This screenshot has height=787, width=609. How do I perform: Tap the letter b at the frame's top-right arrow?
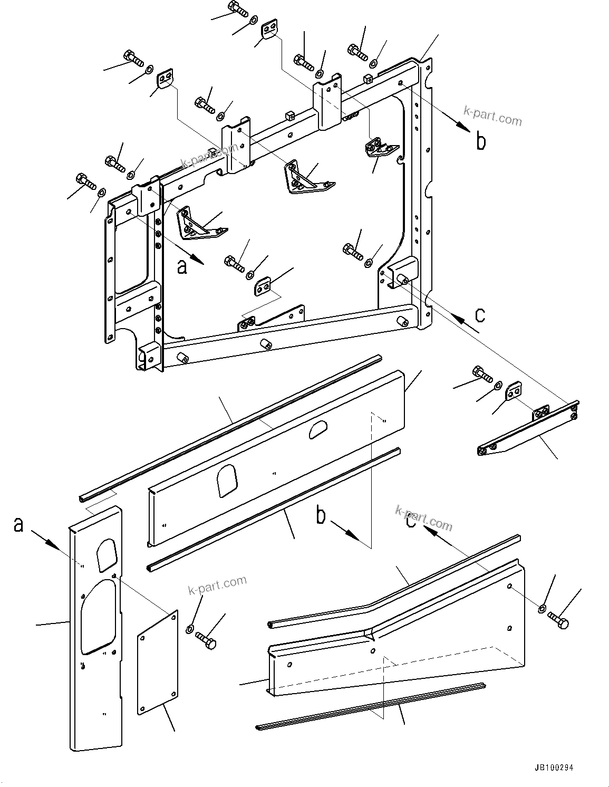pyautogui.click(x=481, y=141)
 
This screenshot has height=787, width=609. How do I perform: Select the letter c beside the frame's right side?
pyautogui.click(x=479, y=314)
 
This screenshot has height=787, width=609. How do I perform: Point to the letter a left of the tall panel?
pyautogui.click(x=18, y=524)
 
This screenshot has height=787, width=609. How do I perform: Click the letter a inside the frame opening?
pyautogui.click(x=182, y=267)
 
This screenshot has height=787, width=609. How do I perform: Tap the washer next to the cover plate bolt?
pyautogui.click(x=190, y=629)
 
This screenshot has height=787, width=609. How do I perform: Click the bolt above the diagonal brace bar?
pyautogui.click(x=482, y=373)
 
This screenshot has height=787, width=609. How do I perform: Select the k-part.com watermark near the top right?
pyautogui.click(x=492, y=116)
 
